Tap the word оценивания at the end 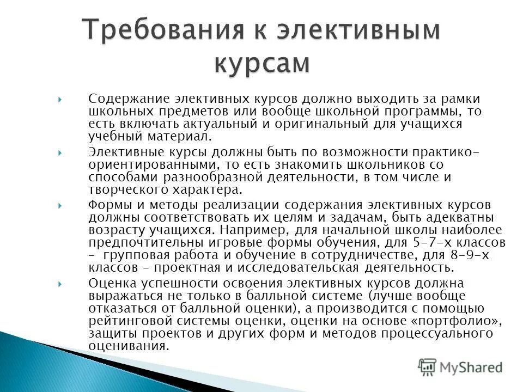(129, 346)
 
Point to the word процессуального (436, 333)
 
